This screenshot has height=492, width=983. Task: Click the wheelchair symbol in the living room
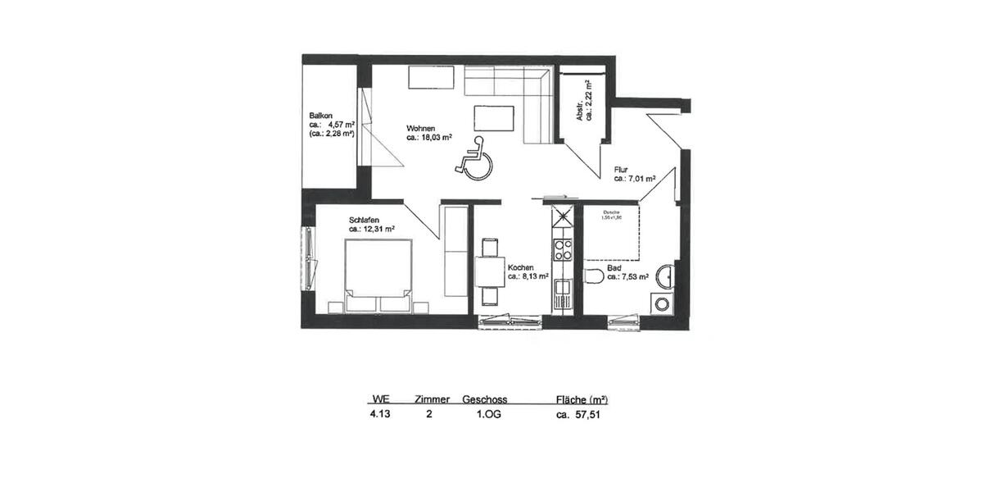point(473,157)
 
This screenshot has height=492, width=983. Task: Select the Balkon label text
point(320,115)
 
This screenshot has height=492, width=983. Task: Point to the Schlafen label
point(364,221)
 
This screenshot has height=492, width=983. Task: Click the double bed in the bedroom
point(378,272)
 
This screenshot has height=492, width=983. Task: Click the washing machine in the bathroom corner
point(662,303)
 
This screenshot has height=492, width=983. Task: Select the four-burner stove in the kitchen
point(563,249)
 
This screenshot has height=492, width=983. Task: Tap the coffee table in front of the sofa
point(494,119)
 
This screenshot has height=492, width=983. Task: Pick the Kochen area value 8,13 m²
point(528,277)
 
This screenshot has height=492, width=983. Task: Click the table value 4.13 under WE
point(380,415)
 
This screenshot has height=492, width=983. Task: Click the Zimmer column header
point(432,399)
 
